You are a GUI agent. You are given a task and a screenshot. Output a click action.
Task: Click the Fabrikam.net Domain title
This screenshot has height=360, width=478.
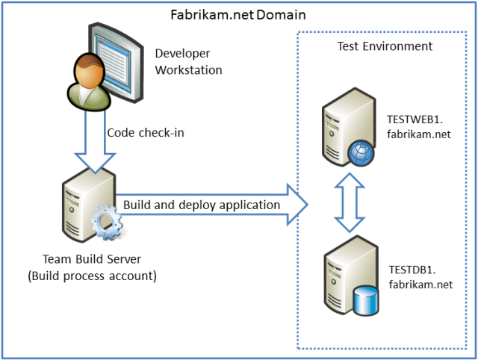click(x=237, y=14)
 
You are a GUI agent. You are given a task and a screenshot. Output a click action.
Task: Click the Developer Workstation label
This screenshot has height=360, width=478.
click(x=188, y=61)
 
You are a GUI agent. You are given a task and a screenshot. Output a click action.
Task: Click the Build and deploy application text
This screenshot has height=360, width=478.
click(x=202, y=205)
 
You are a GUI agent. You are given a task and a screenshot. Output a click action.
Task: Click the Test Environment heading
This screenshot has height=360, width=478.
click(x=385, y=46)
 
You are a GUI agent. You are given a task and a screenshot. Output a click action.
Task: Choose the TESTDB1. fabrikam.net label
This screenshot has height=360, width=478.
click(x=420, y=276)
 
